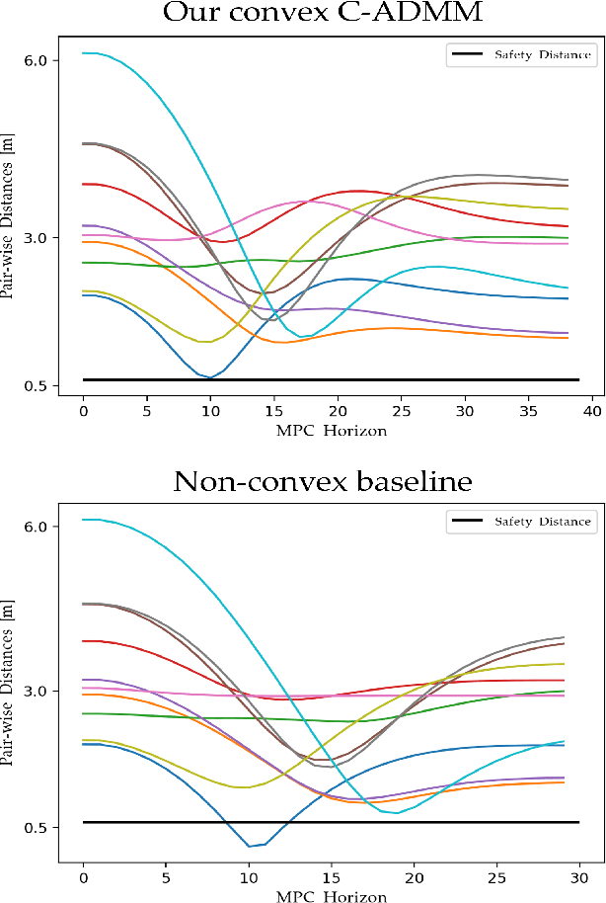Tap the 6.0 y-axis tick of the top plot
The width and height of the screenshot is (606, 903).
(x=36, y=60)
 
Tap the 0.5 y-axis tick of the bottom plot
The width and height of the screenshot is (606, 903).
(x=36, y=828)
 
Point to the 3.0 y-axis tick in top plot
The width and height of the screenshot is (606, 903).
(x=36, y=238)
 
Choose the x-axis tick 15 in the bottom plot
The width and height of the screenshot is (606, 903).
(x=331, y=876)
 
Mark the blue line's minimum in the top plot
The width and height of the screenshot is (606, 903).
(x=210, y=377)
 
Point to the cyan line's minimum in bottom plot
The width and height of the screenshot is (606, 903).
(x=396, y=813)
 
